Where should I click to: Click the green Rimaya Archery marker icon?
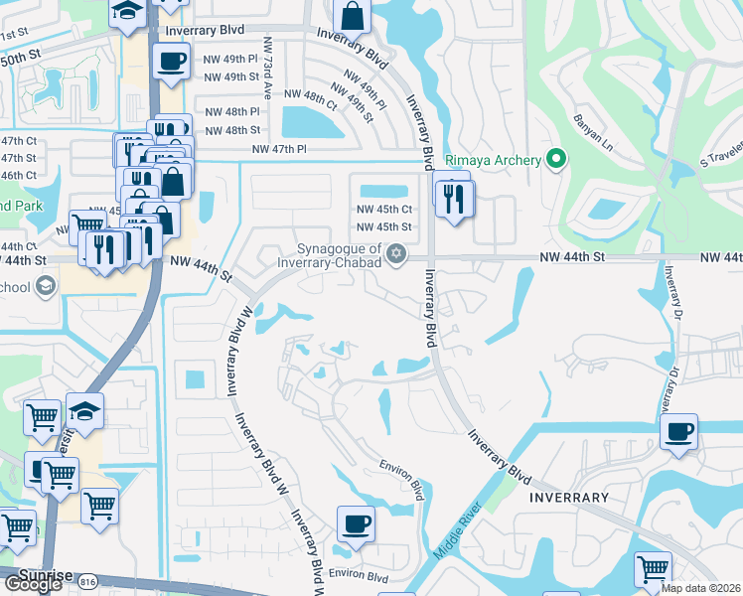556,159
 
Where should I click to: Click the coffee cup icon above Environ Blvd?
356,522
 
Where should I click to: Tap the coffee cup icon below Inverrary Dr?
679,432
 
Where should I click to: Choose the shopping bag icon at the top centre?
352,16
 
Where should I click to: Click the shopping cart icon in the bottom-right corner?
653,570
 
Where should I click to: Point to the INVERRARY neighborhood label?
568,496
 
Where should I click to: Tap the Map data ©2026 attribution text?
701,588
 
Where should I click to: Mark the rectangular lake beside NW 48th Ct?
312,123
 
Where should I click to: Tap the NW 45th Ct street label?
384,209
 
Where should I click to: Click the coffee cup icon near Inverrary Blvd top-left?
171,61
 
